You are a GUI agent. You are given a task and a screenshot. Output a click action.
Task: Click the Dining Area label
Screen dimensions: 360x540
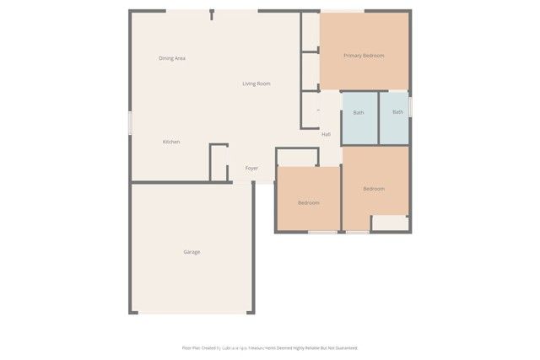pyautogui.click(x=172, y=58)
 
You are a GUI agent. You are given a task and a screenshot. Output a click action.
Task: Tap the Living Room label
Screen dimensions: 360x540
pyautogui.click(x=256, y=83)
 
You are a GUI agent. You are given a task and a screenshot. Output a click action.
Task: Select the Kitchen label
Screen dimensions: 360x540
pyautogui.click(x=171, y=142)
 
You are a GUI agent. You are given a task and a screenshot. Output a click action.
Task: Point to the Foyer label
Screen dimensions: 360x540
pyautogui.click(x=251, y=169)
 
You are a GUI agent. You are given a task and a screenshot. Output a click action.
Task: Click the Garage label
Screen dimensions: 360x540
pyautogui.click(x=192, y=252)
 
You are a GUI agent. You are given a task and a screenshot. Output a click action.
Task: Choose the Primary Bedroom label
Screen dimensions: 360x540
pyautogui.click(x=364, y=56)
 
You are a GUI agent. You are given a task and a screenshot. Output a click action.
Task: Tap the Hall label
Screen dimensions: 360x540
pyautogui.click(x=326, y=134)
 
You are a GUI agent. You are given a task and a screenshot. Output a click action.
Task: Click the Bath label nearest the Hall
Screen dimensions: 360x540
pyautogui.click(x=359, y=112)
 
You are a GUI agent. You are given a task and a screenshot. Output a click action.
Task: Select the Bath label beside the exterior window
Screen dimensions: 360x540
pyautogui.click(x=397, y=112)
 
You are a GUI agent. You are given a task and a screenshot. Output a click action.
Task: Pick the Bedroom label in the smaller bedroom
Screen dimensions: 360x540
pyautogui.click(x=308, y=202)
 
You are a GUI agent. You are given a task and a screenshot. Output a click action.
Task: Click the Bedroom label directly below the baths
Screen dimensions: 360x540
pyautogui.click(x=374, y=189)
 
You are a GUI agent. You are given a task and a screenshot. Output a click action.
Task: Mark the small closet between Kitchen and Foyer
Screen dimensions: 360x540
pyautogui.click(x=219, y=163)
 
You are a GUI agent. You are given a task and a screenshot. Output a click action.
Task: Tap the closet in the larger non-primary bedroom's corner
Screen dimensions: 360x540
pyautogui.click(x=389, y=223)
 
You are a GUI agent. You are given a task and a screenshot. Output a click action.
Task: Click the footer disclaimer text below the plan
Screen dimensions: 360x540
pyautogui.click(x=270, y=347)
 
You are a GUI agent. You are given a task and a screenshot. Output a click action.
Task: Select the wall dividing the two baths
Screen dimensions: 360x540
pyautogui.click(x=378, y=117)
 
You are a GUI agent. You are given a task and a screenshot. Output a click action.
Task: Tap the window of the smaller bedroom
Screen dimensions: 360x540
pyautogui.click(x=321, y=231)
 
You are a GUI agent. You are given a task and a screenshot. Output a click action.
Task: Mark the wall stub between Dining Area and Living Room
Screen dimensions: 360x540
pyautogui.click(x=212, y=14)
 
